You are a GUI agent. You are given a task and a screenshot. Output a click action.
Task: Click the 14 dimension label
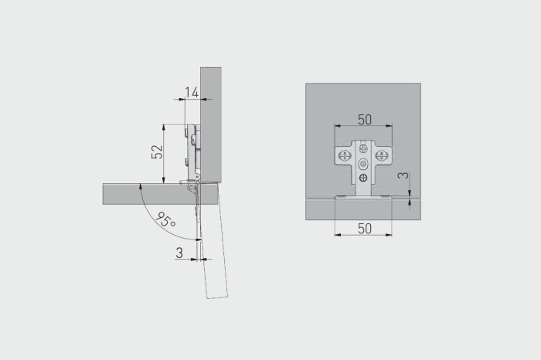point(192,93)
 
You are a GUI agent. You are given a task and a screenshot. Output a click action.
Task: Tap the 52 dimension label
point(157,151)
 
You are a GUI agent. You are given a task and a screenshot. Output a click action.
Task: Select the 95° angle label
point(166,219)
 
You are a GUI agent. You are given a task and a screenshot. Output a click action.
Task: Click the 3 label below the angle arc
point(179,253)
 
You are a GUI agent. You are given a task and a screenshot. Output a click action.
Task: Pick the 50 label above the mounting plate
point(365,120)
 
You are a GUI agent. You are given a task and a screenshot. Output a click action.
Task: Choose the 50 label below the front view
point(365,229)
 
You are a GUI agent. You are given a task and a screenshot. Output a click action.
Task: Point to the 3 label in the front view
point(403,175)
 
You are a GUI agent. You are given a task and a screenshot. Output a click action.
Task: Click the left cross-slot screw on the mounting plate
point(345,155)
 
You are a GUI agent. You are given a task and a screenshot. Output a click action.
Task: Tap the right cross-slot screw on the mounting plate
point(381,155)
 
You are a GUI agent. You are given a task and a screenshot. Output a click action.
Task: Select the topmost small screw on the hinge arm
point(363,148)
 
